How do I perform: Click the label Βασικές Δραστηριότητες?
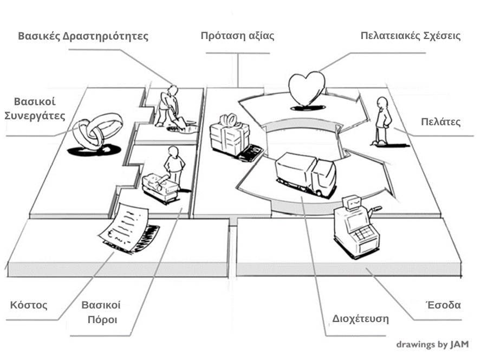pos(83,37)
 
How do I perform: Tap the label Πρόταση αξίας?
pos(237,36)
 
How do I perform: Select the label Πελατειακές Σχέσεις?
pos(410,36)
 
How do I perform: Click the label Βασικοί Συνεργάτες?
pos(35,108)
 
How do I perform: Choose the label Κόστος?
pos(29,305)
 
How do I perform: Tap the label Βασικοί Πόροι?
pos(101,312)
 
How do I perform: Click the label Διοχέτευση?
pos(360,318)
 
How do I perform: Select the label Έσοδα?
pos(443,305)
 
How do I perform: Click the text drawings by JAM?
pos(432,344)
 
